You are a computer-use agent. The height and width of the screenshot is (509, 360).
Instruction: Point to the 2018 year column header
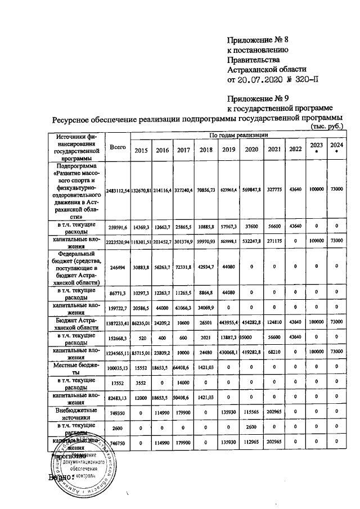206,150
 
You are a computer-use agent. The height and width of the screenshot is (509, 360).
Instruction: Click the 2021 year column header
274,150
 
